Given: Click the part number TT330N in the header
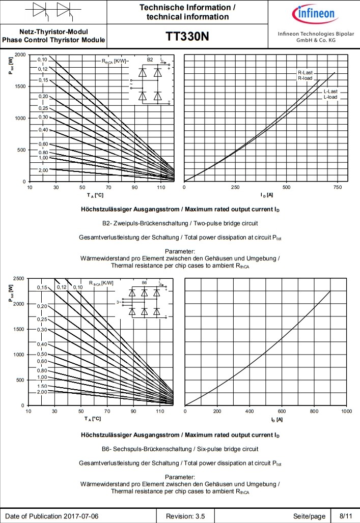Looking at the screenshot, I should pos(187,37).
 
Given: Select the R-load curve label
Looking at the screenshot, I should pos(306,78).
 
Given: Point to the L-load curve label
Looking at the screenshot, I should pos(330,97).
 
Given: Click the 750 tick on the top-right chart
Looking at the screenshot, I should pos(337,187).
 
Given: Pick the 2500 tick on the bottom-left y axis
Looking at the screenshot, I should pos(19,278).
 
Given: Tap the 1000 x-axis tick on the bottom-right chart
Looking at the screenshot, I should pos(346,411).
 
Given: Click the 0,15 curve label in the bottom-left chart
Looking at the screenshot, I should pos(42,288).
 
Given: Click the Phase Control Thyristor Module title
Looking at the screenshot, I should pos(53,40).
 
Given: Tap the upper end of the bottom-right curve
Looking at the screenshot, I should pos(330,291).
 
